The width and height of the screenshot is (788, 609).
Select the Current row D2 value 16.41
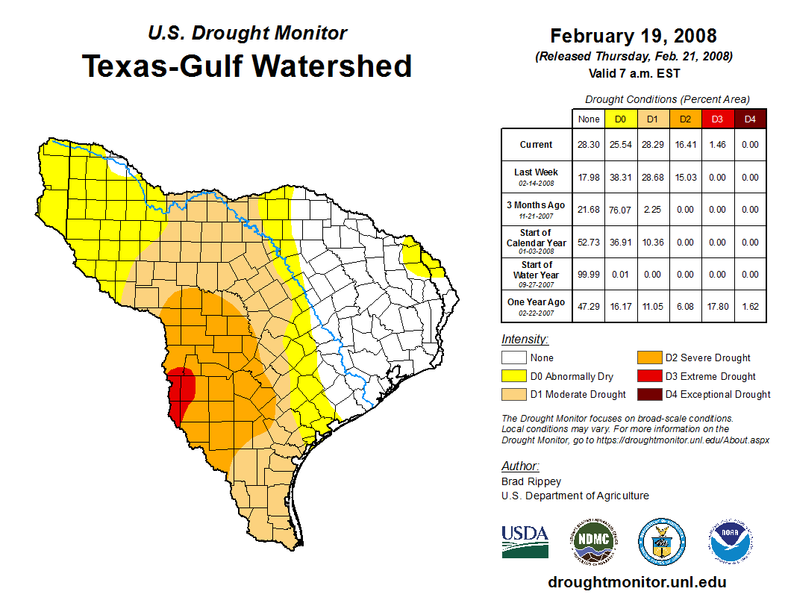684,145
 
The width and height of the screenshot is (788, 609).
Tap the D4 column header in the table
750,119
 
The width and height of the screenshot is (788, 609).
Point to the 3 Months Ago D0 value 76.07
620,210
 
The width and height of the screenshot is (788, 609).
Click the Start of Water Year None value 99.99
588,274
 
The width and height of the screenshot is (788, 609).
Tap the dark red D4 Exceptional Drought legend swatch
648,394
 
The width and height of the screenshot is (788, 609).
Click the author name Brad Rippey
531,481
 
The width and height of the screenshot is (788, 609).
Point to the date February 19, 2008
634,36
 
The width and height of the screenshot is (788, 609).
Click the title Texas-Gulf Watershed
247,66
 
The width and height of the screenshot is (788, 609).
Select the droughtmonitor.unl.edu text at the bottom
637,582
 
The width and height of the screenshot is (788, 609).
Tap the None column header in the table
588,119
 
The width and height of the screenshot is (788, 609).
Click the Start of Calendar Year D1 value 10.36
652,243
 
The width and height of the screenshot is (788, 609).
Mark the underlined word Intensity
525,340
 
